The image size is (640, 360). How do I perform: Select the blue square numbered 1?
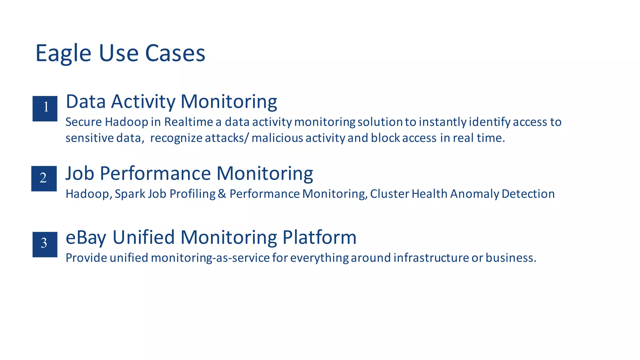point(45,108)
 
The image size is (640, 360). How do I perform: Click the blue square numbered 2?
point(44,178)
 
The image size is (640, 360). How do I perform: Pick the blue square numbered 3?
point(45,244)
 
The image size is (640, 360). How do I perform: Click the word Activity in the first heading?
point(143,102)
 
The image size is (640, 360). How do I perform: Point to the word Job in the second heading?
point(80,173)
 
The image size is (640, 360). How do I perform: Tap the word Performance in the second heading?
point(155,173)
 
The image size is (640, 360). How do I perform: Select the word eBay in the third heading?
point(86,237)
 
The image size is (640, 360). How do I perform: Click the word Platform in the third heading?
point(319,237)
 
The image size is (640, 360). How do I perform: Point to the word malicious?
point(277,138)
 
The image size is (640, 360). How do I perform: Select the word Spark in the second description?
point(130,194)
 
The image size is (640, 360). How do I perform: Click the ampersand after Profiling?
point(222,194)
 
